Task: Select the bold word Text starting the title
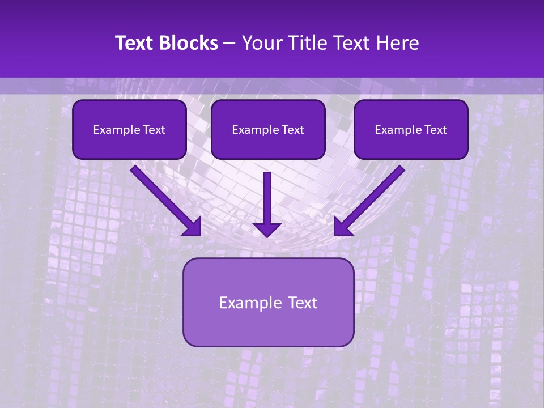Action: click(x=135, y=43)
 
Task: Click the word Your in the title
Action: click(x=262, y=43)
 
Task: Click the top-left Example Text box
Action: click(x=129, y=130)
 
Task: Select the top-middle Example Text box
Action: click(x=268, y=130)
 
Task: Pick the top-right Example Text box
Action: click(x=411, y=130)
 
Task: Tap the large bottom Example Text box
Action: click(x=268, y=302)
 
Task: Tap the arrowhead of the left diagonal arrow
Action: click(x=193, y=227)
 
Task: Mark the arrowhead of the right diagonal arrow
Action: click(x=343, y=227)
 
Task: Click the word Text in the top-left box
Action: click(x=154, y=130)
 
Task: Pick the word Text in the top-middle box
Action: click(x=292, y=130)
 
